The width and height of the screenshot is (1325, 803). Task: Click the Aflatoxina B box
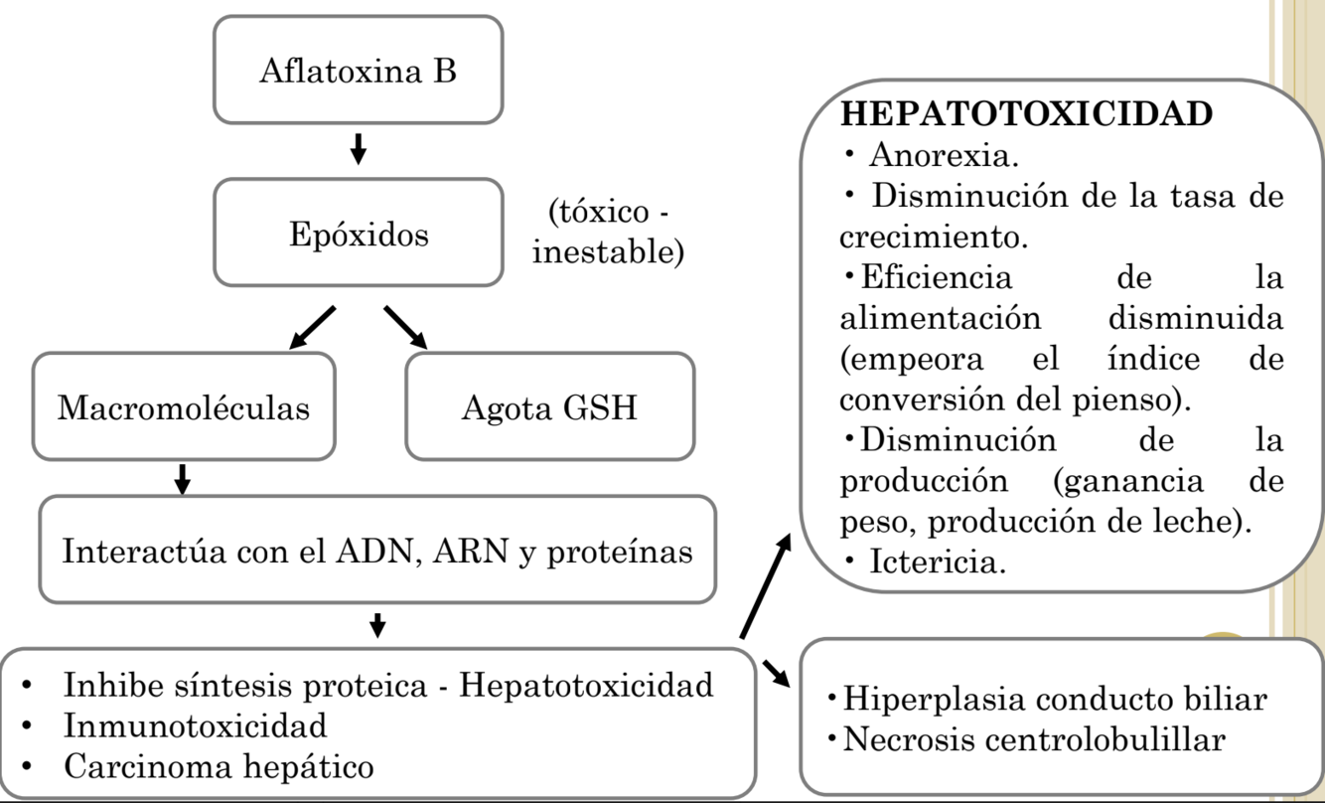click(358, 71)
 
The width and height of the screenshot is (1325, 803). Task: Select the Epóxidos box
click(358, 234)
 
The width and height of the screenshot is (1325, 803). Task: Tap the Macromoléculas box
click(184, 407)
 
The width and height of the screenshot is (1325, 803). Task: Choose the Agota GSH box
click(549, 407)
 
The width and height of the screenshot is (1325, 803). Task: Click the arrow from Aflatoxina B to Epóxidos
click(359, 149)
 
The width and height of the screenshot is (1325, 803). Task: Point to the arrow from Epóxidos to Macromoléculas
click(312, 328)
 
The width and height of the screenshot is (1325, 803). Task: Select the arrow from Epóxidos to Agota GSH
click(405, 327)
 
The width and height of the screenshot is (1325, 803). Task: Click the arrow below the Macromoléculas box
click(182, 479)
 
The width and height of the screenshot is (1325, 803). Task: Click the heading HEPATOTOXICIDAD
click(1026, 114)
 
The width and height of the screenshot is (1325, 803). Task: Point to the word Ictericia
click(938, 563)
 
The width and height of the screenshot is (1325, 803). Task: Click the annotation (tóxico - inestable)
click(608, 234)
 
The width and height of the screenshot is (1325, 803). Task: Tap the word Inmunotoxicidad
click(196, 725)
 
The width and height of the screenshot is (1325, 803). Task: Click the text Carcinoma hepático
click(220, 766)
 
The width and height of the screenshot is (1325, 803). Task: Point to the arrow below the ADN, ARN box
click(376, 626)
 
